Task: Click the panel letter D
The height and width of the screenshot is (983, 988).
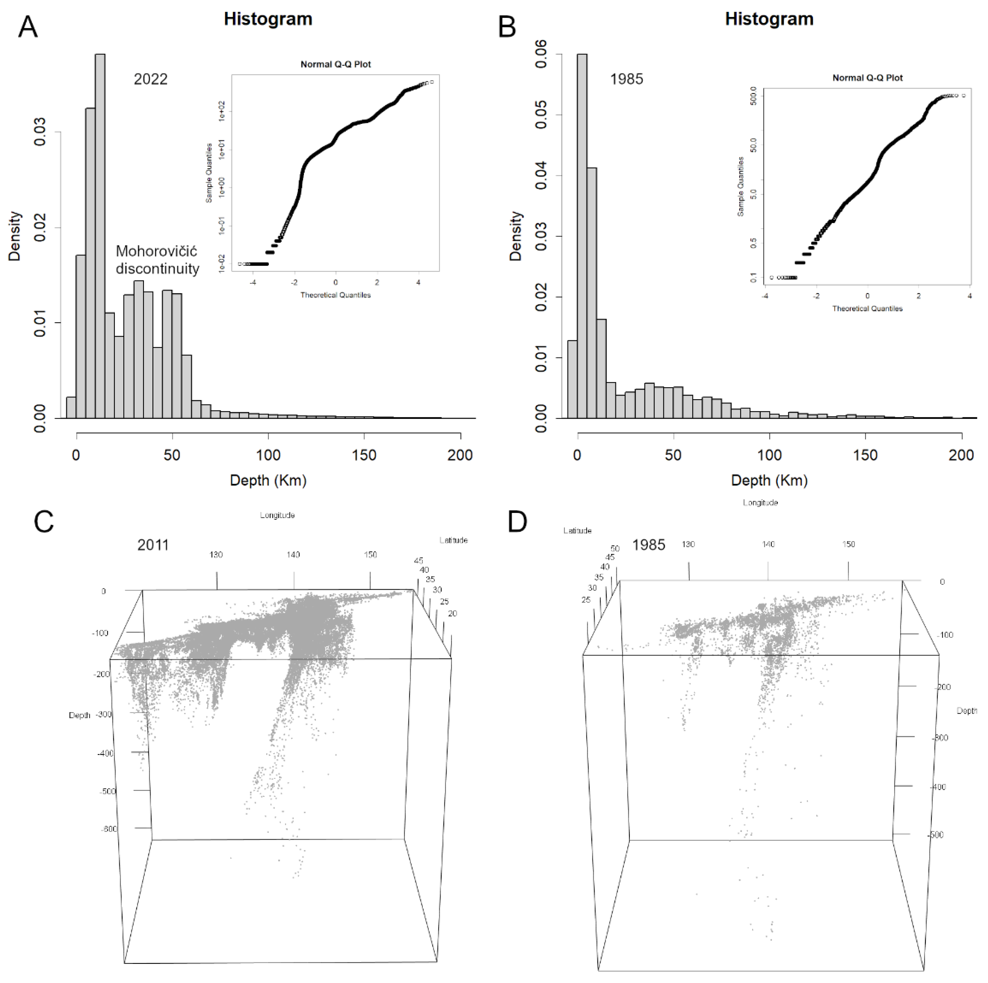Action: (518, 522)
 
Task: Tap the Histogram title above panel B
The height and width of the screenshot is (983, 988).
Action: (769, 19)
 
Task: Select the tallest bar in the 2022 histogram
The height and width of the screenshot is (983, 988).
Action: (100, 235)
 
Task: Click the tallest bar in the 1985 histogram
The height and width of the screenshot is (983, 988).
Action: (582, 235)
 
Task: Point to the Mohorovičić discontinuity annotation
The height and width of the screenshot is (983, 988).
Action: (157, 260)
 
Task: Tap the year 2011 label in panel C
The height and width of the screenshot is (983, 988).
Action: (153, 545)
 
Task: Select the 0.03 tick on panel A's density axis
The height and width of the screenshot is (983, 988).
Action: (40, 132)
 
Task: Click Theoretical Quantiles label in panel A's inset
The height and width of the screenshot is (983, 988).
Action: (336, 295)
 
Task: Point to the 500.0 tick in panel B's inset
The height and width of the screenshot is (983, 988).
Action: (752, 96)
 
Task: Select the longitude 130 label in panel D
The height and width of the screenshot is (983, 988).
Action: (688, 544)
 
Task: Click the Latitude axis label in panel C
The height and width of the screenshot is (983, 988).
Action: (453, 540)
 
